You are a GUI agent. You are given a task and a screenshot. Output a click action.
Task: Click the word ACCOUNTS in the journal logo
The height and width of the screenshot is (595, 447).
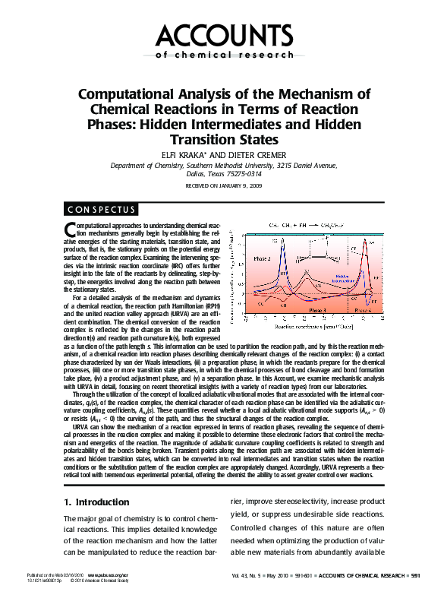223,36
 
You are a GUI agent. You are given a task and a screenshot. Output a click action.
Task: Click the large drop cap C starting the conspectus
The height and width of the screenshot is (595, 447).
70,231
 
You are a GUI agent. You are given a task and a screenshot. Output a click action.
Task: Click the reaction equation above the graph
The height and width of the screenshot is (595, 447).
307,226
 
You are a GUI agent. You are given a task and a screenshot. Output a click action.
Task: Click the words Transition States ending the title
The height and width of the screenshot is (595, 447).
223,140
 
